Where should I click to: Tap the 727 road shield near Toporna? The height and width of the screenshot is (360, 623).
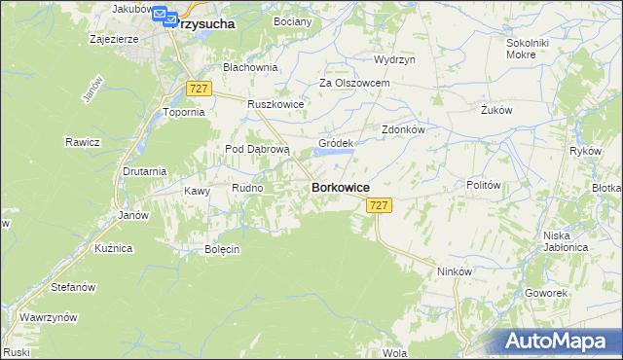(x=199, y=89)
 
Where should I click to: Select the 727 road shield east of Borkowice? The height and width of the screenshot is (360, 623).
(x=380, y=205)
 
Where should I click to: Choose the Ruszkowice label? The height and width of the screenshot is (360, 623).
(x=276, y=104)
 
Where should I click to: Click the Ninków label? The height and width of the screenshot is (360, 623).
(x=455, y=271)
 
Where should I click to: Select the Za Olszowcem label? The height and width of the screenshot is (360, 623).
(x=354, y=84)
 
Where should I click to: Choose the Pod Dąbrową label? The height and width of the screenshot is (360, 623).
(x=258, y=149)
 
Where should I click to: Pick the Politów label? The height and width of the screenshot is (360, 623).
(x=483, y=185)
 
